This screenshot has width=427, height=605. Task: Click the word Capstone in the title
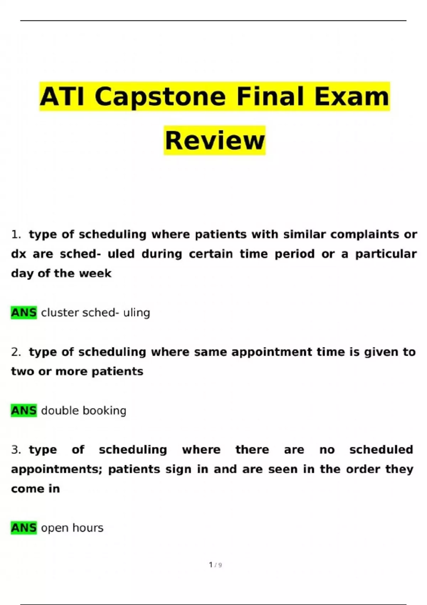[160, 97]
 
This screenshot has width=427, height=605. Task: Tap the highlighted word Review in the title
[215, 141]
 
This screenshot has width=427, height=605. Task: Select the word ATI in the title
[62, 97]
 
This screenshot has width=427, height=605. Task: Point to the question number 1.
[16, 235]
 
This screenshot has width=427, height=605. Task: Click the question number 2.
[16, 352]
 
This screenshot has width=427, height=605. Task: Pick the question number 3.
[16, 450]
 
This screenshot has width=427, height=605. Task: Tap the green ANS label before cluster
[24, 313]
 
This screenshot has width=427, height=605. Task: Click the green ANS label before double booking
[24, 411]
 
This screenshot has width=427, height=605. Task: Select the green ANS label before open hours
[24, 528]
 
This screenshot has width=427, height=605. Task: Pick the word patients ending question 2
[117, 372]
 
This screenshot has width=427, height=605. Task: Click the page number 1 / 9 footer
[215, 565]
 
